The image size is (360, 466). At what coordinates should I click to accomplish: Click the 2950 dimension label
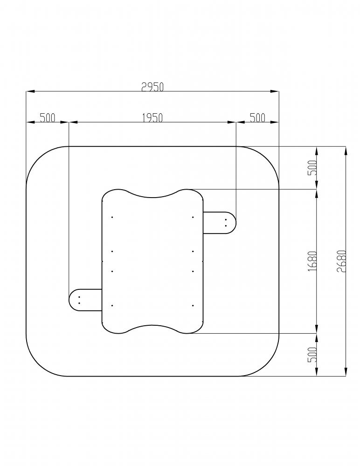pyautogui.click(x=152, y=87)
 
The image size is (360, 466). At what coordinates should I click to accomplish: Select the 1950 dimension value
pyautogui.click(x=152, y=118)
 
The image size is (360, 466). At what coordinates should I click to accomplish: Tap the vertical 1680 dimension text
pyautogui.click(x=312, y=261)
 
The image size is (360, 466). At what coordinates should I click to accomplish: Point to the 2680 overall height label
pyautogui.click(x=342, y=261)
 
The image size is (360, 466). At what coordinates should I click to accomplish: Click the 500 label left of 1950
pyautogui.click(x=48, y=118)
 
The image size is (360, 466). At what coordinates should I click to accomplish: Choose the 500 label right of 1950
pyautogui.click(x=257, y=118)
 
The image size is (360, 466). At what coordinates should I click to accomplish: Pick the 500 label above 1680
pyautogui.click(x=312, y=168)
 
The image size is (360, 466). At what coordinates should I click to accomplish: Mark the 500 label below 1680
pyautogui.click(x=312, y=355)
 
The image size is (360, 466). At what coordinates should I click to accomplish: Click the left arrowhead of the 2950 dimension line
pyautogui.click(x=30, y=91)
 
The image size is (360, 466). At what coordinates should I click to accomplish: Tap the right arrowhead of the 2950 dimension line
pyautogui.click(x=275, y=91)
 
